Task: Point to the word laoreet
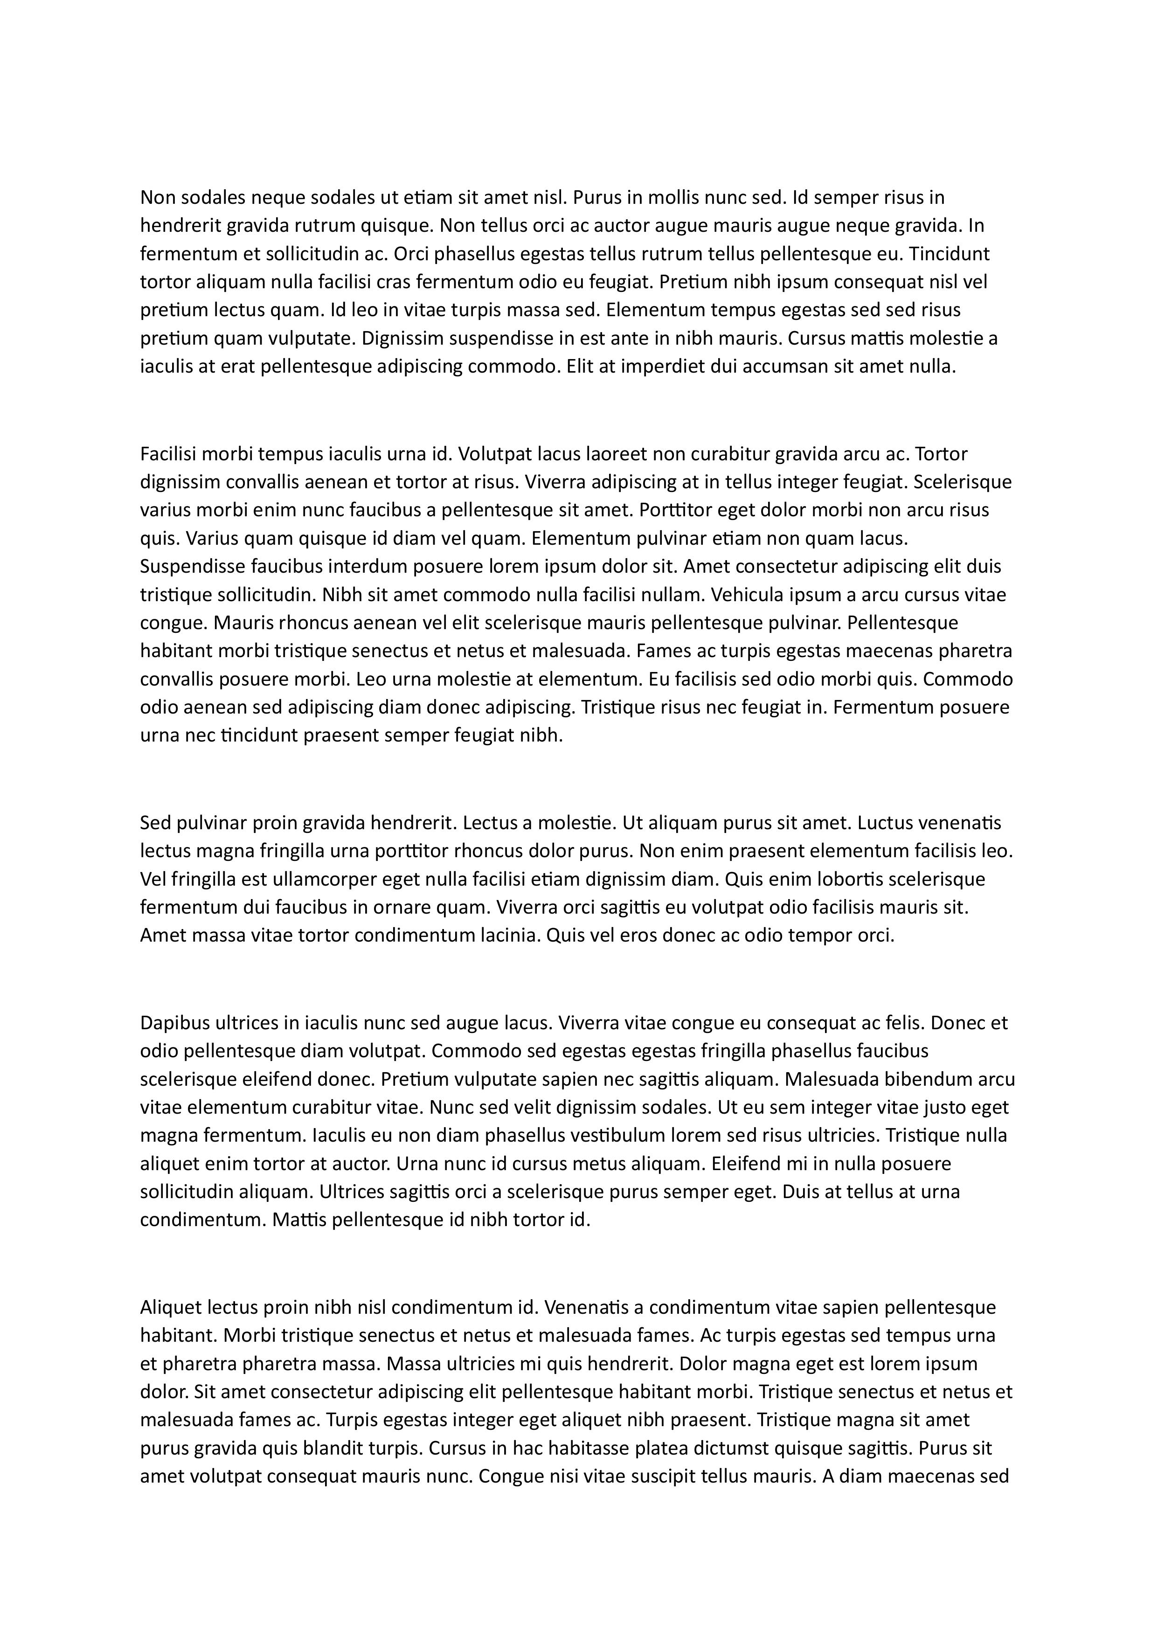point(613,454)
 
